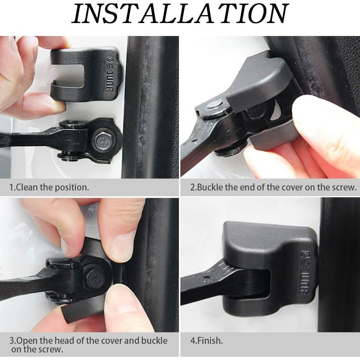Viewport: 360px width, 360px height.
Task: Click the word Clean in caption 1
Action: [x=27, y=188]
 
